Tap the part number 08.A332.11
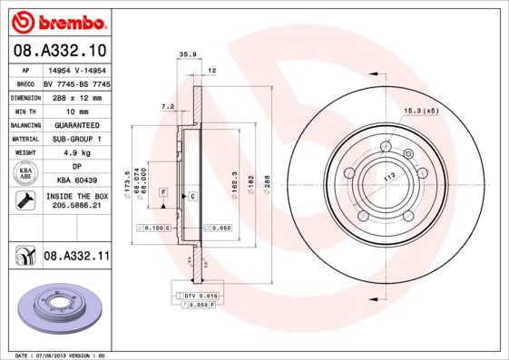pyautogui.click(x=76, y=257)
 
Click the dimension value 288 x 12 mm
pyautogui.click(x=75, y=96)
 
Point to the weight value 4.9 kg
pyautogui.click(x=75, y=153)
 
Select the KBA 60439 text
pyautogui.click(x=75, y=181)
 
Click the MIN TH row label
pyautogui.click(x=25, y=111)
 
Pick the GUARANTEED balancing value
pyautogui.click(x=75, y=124)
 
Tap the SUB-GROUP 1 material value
pyautogui.click(x=75, y=139)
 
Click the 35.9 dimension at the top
pyautogui.click(x=188, y=55)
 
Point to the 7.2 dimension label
pyautogui.click(x=167, y=106)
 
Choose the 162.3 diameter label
pyautogui.click(x=234, y=181)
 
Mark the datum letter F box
pyautogui.click(x=163, y=192)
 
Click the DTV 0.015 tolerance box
pyautogui.click(x=197, y=296)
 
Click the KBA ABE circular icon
pyautogui.click(x=25, y=174)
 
